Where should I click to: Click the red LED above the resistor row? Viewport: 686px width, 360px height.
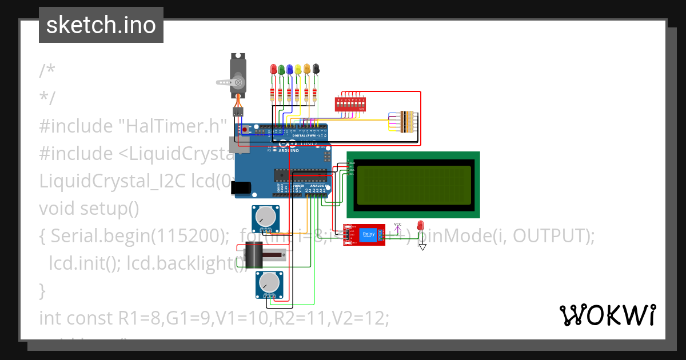click(x=273, y=69)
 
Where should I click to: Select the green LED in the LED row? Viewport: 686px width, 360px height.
click(x=281, y=69)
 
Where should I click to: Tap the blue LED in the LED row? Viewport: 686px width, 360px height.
click(x=290, y=69)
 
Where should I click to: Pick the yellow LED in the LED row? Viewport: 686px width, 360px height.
click(x=298, y=69)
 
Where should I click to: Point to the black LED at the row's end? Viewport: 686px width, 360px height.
click(x=316, y=69)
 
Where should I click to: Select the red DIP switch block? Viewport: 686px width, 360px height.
click(x=350, y=104)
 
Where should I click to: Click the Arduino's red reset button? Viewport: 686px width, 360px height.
click(x=245, y=130)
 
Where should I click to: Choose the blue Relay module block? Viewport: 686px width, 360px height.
click(x=369, y=234)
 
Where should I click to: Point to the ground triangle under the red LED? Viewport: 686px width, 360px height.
click(x=422, y=247)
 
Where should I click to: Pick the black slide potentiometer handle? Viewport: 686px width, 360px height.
click(x=253, y=254)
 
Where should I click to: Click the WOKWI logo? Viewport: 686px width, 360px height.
click(x=607, y=315)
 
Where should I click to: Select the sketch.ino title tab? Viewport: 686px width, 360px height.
click(x=101, y=25)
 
